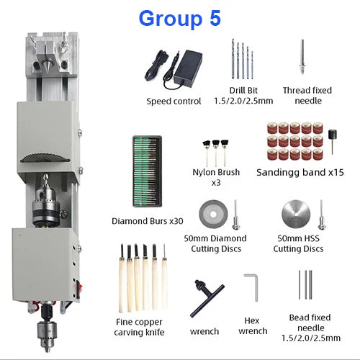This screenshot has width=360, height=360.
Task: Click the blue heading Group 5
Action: point(179,19)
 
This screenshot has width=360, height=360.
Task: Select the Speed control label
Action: point(174,101)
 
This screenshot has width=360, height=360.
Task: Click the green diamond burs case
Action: point(148,171)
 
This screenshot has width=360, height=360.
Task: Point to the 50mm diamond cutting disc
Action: point(213,215)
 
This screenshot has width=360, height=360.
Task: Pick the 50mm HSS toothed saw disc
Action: point(296,215)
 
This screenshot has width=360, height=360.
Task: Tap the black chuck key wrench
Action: point(207,297)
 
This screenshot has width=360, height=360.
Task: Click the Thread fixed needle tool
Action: point(302,57)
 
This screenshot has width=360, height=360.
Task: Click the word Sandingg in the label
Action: point(277,173)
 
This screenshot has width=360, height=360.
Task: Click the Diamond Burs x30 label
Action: point(148,221)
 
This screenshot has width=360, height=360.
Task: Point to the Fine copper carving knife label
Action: point(139,327)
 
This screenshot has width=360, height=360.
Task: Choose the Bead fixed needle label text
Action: point(310,328)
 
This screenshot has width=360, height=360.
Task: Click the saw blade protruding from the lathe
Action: point(45,158)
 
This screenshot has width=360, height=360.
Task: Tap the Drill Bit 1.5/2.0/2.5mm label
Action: point(243,96)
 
